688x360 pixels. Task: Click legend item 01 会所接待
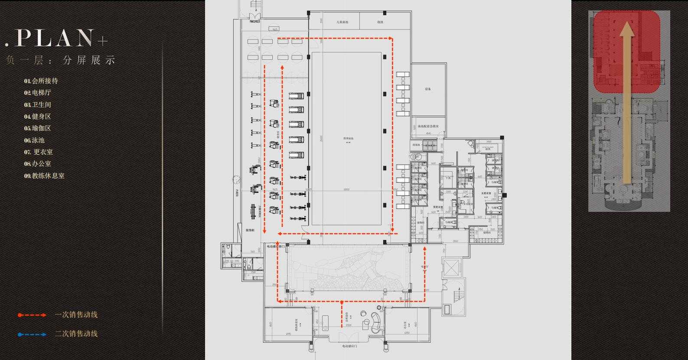click(41, 81)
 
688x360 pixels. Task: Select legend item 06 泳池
click(35, 140)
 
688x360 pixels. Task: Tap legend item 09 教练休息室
click(45, 176)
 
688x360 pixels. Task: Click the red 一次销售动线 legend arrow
click(32, 315)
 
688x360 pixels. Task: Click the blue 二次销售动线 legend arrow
click(32, 334)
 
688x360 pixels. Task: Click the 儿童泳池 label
click(342, 22)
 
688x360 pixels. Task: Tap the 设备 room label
click(428, 89)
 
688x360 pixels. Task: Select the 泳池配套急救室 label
click(428, 126)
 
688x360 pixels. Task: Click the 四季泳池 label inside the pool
click(346, 139)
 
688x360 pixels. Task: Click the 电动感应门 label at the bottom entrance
click(349, 346)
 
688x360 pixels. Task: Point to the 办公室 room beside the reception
click(405, 324)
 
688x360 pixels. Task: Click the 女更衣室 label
click(486, 193)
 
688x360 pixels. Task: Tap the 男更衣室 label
click(437, 207)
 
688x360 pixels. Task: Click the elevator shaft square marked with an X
click(451, 268)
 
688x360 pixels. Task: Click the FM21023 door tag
click(254, 21)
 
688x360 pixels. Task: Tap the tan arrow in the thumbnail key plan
click(625, 104)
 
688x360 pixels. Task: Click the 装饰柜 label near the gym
click(250, 230)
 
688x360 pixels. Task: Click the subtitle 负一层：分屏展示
click(61, 60)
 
